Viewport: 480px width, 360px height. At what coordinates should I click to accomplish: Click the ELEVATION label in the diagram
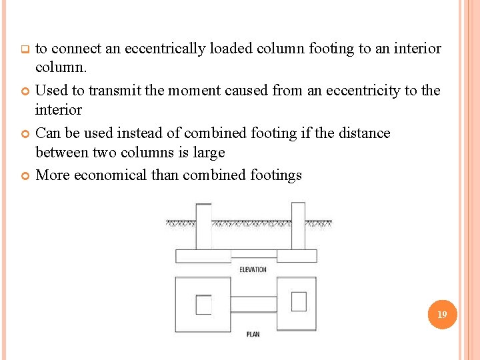click(x=253, y=269)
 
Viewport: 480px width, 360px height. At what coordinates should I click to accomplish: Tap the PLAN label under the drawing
click(x=253, y=334)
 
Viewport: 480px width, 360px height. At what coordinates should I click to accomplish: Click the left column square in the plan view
click(x=203, y=305)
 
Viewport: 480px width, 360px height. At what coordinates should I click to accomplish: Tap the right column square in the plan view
click(x=299, y=301)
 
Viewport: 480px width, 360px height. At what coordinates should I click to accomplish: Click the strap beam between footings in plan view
click(x=253, y=305)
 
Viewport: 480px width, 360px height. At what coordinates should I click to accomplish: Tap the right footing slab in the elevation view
click(x=297, y=256)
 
